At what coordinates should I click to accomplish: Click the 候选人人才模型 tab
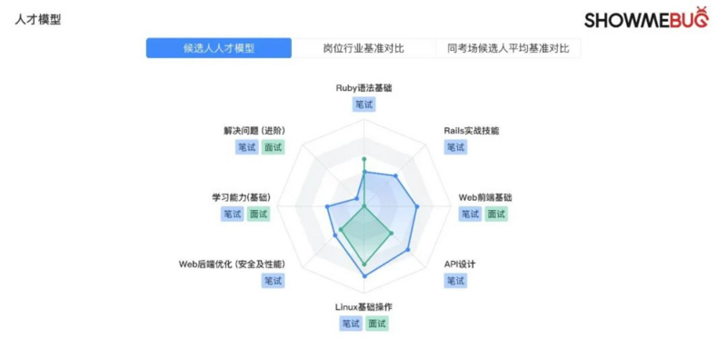coord(219,48)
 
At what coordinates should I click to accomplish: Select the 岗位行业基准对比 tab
coord(363,48)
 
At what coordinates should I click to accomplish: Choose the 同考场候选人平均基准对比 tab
coord(508,48)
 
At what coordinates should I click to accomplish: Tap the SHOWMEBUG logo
coord(645,19)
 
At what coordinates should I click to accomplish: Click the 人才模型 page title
coord(39,19)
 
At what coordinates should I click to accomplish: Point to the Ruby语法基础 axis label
coord(363,88)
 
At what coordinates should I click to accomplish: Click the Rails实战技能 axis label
coord(471,130)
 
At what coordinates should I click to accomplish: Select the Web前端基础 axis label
coord(485,196)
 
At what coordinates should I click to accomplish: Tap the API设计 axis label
coord(460,264)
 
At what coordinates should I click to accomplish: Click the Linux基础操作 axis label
coord(363,306)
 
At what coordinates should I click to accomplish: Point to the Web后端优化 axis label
coord(232,264)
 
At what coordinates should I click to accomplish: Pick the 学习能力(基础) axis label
coord(241,196)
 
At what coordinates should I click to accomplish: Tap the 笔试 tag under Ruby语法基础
coord(364,105)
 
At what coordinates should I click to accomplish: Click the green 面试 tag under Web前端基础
coord(496,215)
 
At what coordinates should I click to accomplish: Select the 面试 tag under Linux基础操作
coord(377,324)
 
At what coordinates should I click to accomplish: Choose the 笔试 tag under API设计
coord(455,281)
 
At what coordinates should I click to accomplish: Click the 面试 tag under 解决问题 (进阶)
coord(273,147)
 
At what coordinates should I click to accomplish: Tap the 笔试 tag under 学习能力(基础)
coord(232,215)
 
